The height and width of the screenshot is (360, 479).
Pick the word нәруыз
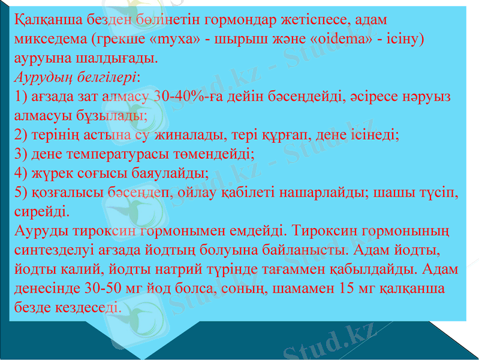coord(425,97)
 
